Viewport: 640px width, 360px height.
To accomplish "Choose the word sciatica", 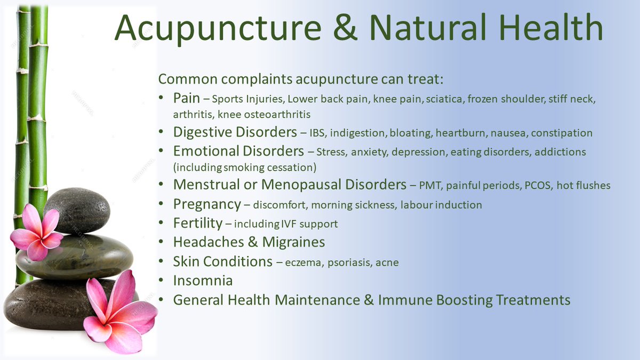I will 445,99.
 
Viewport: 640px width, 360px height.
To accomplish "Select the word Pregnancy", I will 207,204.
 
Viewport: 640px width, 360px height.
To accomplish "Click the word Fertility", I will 197,223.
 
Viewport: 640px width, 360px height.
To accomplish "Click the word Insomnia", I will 203,281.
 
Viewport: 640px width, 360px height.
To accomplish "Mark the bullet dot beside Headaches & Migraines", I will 162,243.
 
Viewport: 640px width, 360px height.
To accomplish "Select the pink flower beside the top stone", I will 36,235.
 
